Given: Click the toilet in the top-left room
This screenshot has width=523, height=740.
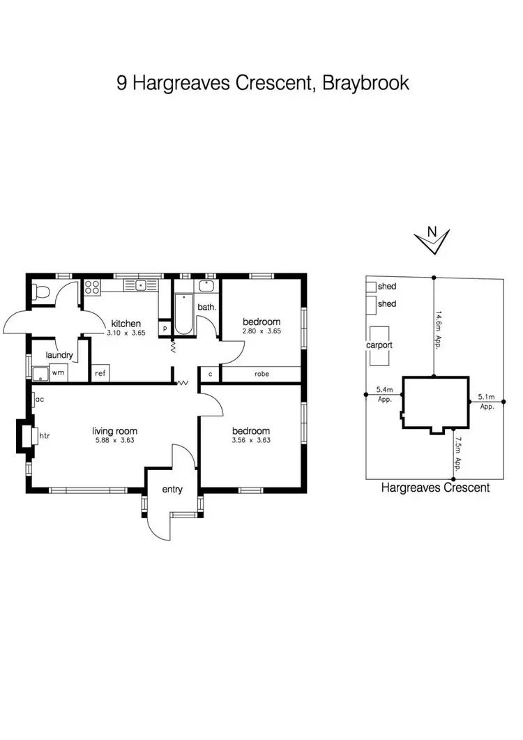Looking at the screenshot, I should pos(41,293).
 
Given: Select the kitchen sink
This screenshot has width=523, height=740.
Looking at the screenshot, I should pos(141,285).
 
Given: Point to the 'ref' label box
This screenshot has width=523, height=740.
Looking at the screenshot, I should pos(100,373).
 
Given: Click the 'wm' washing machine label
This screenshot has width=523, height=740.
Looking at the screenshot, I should pos(58,373).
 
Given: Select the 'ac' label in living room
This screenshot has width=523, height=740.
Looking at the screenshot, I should pos(40,400).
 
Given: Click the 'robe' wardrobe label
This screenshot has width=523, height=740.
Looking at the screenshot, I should pos(261,374).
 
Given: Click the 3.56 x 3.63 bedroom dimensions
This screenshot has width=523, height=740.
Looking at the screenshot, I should pos(251,440).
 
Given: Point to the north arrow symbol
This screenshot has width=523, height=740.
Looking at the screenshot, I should pos(432,241).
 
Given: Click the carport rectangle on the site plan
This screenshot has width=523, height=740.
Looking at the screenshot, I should pos(380,345).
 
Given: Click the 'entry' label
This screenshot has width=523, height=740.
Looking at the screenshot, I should pos(172,489).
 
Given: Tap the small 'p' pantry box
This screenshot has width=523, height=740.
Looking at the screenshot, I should pos(165,328).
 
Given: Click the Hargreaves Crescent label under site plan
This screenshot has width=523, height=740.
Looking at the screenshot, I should pos(435,488).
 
